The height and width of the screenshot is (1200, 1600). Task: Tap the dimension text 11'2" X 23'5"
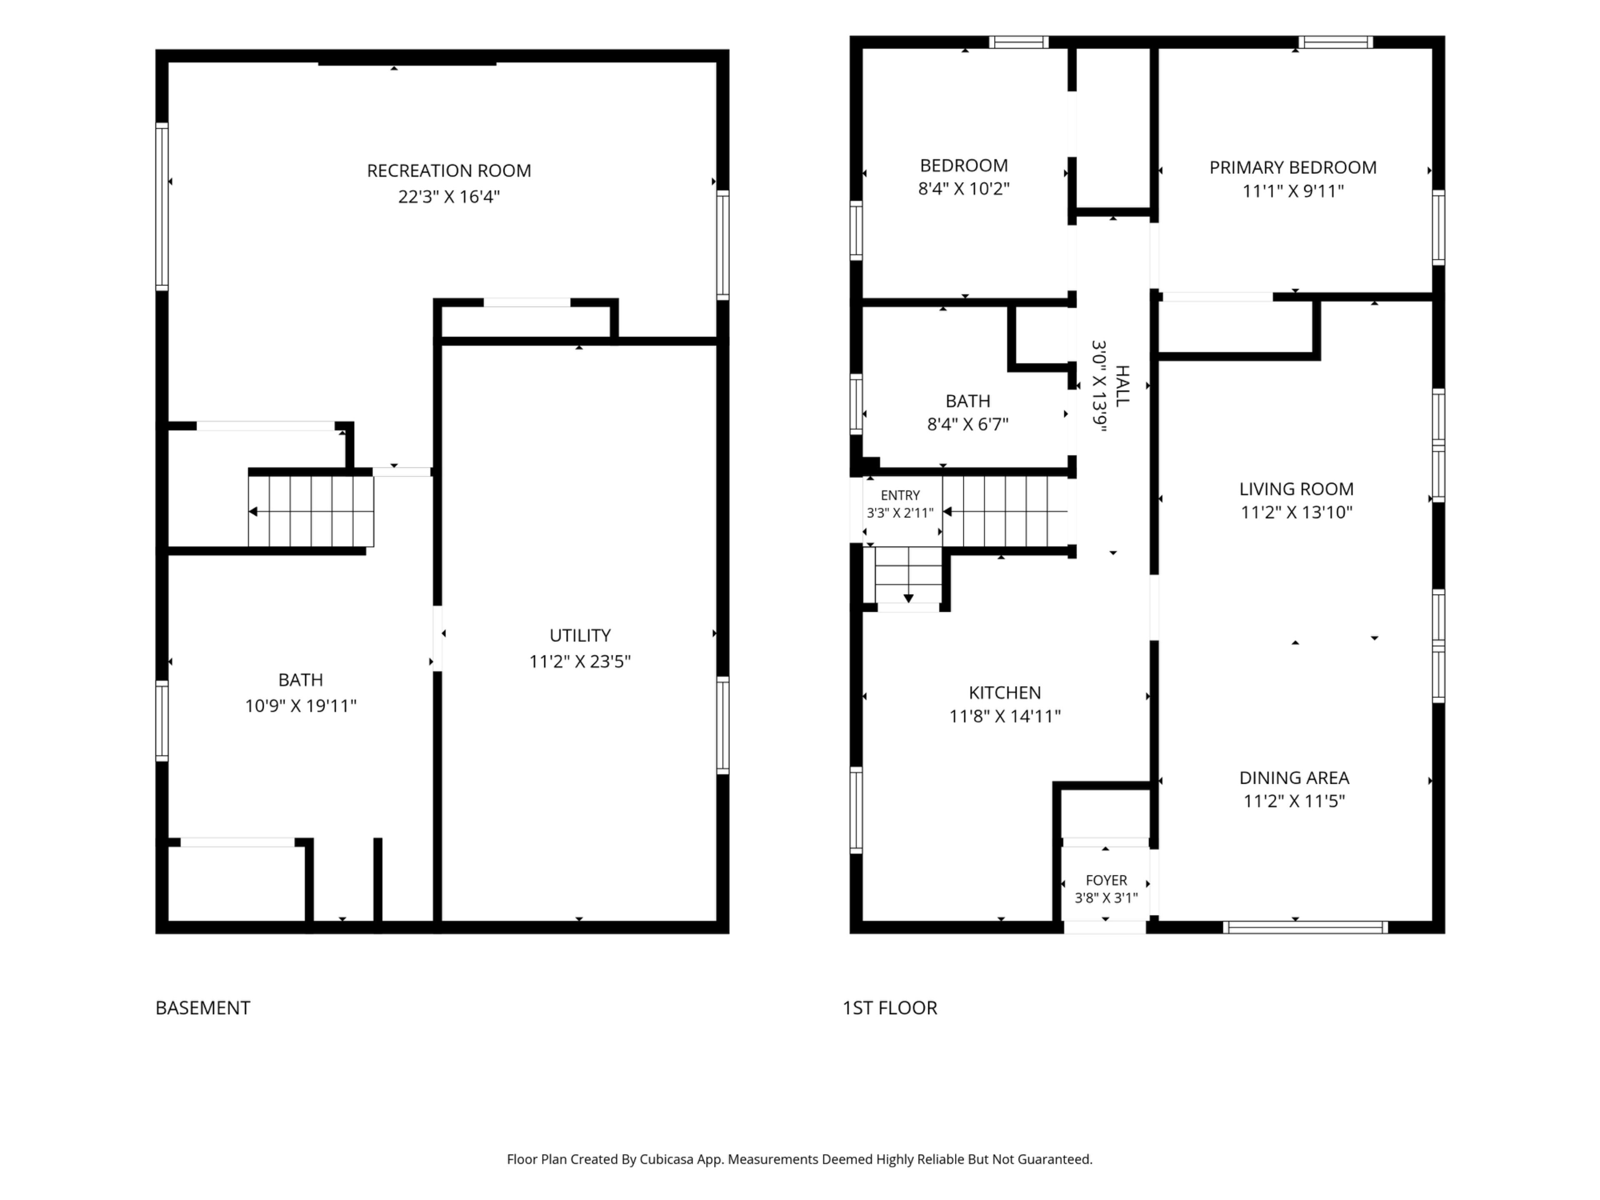pos(580,661)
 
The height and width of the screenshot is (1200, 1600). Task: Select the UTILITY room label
pos(580,635)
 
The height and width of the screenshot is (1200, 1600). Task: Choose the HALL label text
pos(1122,386)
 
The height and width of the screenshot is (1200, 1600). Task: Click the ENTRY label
pos(900,495)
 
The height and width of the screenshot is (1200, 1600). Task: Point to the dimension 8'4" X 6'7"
pos(968,424)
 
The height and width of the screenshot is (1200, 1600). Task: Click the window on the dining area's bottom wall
pos(1305,927)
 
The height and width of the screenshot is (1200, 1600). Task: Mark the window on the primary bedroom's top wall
pos(1335,42)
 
